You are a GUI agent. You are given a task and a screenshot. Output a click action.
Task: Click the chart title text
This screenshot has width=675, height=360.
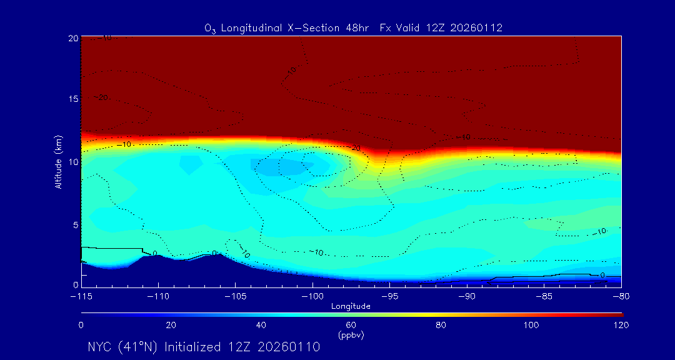[354, 28]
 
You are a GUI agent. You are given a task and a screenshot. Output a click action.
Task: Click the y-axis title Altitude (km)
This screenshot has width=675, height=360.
[58, 162]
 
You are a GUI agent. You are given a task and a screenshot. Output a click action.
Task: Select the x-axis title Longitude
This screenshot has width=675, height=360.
[351, 306]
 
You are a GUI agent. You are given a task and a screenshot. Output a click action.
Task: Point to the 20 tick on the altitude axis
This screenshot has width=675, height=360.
[73, 38]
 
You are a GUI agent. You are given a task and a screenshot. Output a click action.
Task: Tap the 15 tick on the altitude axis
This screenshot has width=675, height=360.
[73, 99]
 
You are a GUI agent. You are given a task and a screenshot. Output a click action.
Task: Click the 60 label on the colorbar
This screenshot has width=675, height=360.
[351, 325]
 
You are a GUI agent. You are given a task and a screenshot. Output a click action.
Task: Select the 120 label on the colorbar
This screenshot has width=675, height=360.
[621, 325]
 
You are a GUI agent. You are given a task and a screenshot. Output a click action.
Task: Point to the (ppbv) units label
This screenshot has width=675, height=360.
[351, 335]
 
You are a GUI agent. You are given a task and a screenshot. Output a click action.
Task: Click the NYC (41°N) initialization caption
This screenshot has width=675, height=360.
[204, 347]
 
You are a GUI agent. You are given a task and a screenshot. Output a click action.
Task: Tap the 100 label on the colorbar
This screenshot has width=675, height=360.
[531, 325]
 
